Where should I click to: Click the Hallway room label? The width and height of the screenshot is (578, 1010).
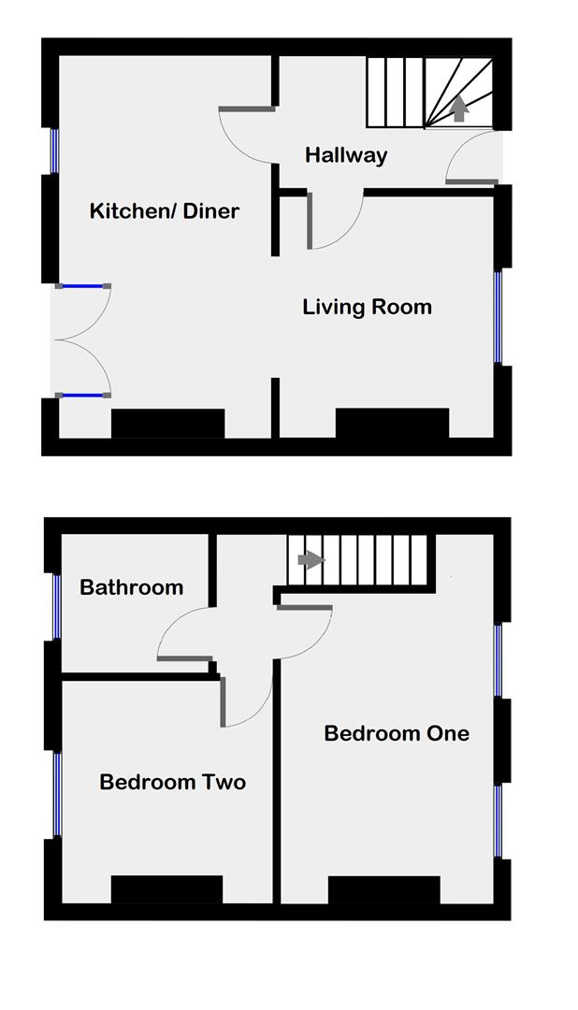pos(346,155)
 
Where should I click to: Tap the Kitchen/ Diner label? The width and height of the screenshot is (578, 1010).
pos(164,210)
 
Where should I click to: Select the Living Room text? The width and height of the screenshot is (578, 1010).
pos(367,307)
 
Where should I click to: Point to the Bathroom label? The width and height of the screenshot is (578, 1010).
pos(131,587)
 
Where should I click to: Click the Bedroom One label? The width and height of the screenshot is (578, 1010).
pos(397,733)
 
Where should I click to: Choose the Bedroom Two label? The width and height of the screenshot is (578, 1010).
pos(172,782)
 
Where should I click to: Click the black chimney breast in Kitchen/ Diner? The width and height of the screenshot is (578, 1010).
pos(168,423)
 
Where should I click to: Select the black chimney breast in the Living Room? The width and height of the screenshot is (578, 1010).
pos(392,423)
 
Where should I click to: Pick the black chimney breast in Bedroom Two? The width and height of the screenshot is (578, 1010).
pos(166,889)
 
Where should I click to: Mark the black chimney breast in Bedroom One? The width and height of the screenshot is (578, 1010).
pos(383,889)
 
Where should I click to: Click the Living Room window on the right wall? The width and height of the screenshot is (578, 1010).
pos(499,316)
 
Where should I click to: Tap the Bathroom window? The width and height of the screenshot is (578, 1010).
pos(56,606)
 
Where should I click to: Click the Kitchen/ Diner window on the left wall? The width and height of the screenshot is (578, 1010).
pos(53,151)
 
